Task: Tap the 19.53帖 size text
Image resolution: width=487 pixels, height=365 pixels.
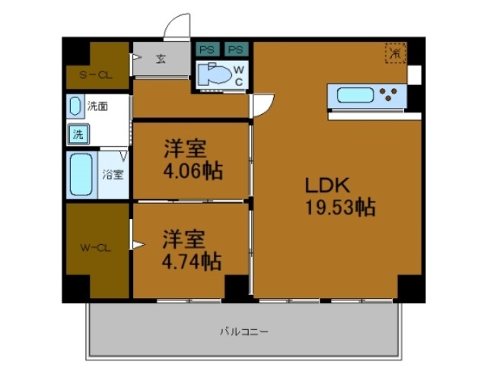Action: click(339, 207)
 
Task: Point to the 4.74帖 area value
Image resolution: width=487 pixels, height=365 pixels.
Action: click(191, 262)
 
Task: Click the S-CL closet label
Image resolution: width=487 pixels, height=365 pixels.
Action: click(96, 75)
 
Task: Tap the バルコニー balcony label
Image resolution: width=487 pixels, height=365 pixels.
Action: click(243, 332)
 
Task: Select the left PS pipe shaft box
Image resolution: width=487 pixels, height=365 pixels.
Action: click(205, 49)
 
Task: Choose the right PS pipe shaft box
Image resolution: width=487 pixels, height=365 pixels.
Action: click(236, 49)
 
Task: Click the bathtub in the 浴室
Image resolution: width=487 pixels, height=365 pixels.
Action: click(81, 175)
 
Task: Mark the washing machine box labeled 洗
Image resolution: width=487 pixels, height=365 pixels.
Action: click(79, 134)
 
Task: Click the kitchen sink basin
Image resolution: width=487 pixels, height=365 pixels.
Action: click(355, 96)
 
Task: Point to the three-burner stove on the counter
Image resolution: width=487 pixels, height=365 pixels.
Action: click(390, 96)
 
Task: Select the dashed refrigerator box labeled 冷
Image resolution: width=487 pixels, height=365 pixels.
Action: click(395, 53)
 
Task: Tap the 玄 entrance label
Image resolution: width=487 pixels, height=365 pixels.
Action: click(161, 58)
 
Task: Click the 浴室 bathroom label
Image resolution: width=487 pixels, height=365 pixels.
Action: click(113, 173)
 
